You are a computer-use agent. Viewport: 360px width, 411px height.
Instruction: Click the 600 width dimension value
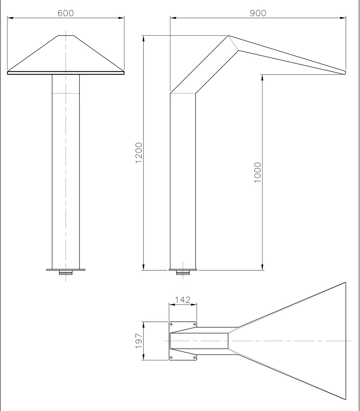(x=65, y=13)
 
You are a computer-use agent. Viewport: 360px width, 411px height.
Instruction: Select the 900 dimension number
(x=258, y=13)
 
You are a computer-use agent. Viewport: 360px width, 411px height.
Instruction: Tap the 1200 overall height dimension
(x=139, y=153)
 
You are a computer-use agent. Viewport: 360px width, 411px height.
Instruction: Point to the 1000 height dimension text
(x=258, y=173)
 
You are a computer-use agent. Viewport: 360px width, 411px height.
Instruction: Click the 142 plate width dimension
(x=183, y=300)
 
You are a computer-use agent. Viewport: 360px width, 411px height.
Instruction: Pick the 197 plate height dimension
(x=139, y=341)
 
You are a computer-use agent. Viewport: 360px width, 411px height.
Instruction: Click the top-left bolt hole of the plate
(x=171, y=324)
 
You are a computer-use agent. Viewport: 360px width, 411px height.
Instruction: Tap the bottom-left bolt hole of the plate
(x=171, y=358)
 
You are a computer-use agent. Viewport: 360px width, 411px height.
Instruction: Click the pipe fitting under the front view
(x=66, y=273)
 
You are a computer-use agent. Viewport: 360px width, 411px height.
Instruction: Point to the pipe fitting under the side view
(x=183, y=273)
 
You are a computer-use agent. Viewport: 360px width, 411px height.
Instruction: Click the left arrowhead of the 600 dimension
(x=10, y=18)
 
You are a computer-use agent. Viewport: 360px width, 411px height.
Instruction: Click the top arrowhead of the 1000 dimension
(x=262, y=77)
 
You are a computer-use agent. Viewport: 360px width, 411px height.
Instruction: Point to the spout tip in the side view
(x=345, y=73)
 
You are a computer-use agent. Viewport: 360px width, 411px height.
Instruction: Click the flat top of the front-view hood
(x=66, y=36)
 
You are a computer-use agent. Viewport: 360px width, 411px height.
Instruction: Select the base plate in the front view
(x=66, y=270)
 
